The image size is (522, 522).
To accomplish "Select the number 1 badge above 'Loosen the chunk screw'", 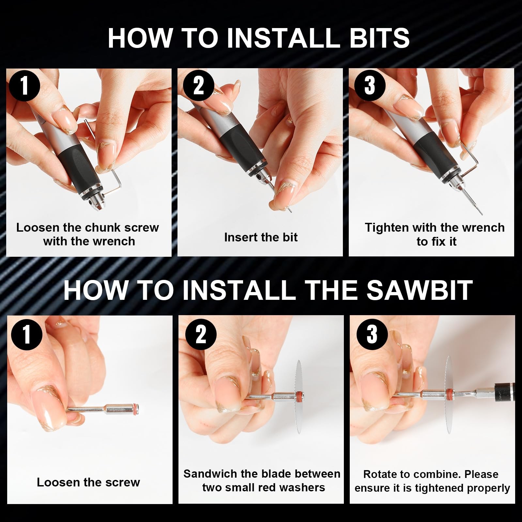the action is point(25,86).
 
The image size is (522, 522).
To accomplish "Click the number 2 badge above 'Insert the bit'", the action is point(198,86).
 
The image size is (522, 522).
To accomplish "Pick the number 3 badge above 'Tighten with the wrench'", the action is point(370,86).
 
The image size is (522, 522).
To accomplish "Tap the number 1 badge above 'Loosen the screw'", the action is point(27,334).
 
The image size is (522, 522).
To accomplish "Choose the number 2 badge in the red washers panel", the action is point(201,334).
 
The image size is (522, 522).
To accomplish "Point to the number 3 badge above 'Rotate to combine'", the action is point(372,334).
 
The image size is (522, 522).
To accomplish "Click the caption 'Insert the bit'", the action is point(261,237).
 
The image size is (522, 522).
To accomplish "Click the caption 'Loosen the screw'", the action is point(88,482).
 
